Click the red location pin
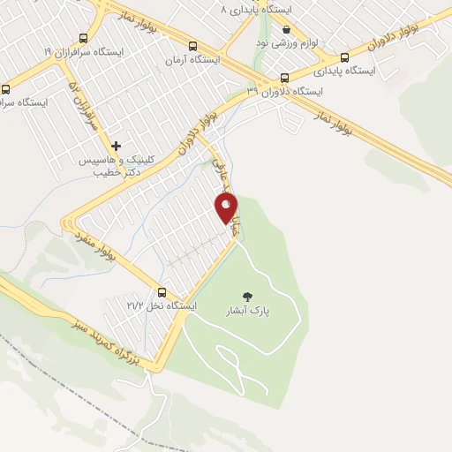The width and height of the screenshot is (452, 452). [x=227, y=207]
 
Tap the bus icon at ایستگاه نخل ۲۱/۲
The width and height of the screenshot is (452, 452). [x=162, y=292]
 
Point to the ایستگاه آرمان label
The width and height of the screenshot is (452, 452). [x=192, y=61]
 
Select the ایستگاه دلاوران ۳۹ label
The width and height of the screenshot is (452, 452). [x=285, y=90]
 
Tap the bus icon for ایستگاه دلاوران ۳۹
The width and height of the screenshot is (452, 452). [x=283, y=77]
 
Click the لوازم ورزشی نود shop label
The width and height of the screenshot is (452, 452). [x=285, y=41]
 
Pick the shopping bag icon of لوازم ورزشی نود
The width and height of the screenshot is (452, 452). [x=285, y=29]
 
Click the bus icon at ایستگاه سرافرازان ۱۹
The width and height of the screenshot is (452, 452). [x=83, y=39]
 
